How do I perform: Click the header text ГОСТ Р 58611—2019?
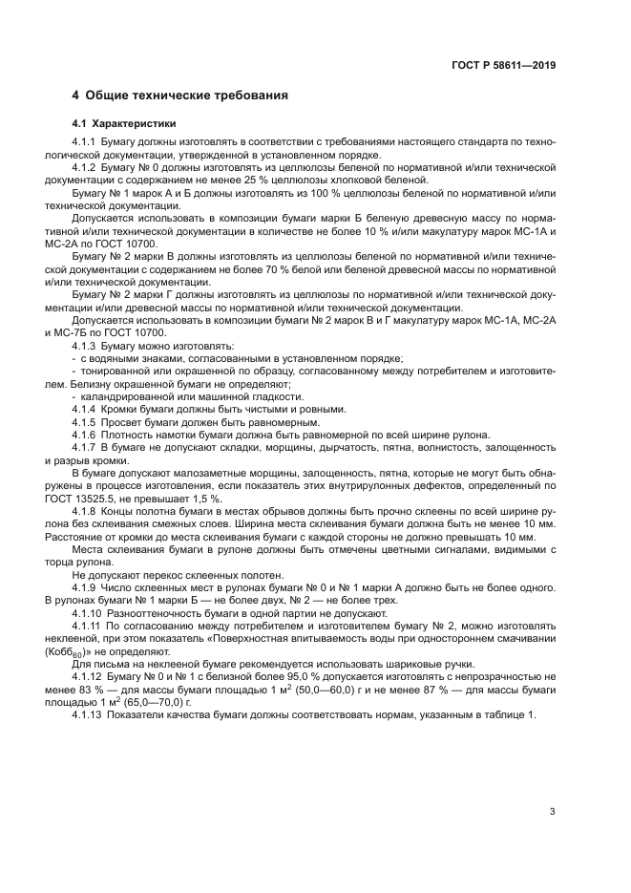point(503,66)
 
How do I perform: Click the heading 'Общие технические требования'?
point(186,96)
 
